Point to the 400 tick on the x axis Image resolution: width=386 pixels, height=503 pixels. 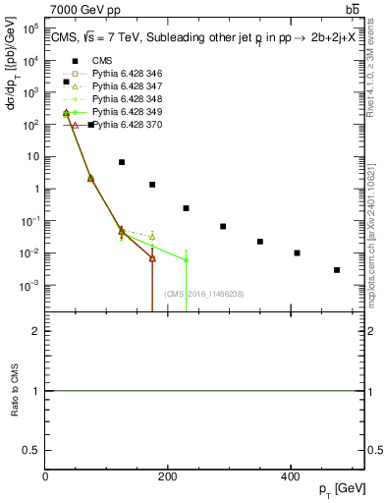(x=290, y=477)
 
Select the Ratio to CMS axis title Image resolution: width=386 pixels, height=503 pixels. (x=15, y=391)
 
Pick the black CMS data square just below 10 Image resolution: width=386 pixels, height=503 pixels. (x=122, y=162)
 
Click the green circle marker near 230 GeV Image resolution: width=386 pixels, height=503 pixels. (x=186, y=260)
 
